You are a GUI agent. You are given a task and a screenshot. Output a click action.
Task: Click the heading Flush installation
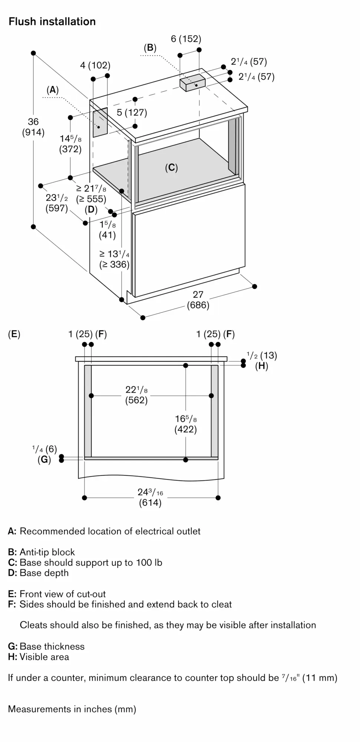pos(52,22)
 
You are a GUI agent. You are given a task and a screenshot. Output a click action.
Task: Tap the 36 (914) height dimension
pos(33,127)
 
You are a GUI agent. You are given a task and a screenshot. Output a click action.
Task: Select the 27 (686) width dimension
pos(198,300)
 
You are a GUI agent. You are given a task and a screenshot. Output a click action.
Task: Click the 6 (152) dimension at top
pos(186,39)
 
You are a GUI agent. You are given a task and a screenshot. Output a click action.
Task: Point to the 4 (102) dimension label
pos(95,65)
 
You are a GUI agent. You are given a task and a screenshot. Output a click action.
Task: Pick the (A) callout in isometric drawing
pos(53,89)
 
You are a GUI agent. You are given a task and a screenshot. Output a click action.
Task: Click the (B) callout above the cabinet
pos(150,47)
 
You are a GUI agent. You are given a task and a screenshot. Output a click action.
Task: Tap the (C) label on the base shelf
pos(171,168)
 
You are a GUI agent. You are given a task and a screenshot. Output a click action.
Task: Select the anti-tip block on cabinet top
pos(192,82)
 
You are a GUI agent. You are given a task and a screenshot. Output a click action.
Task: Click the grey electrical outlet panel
pos(100,122)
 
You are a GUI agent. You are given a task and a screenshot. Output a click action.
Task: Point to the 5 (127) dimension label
pos(132,112)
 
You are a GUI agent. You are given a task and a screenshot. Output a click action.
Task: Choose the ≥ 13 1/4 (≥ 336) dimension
pos(114,259)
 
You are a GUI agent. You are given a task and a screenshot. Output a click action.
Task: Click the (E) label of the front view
pos(14,334)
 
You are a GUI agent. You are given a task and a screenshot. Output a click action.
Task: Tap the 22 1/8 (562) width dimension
pos(136,395)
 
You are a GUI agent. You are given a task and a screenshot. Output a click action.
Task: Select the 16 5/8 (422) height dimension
pos(186,424)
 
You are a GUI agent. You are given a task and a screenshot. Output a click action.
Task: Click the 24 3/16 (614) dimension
pos(150,498)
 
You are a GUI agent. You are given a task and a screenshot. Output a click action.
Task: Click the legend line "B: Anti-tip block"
pos(42,552)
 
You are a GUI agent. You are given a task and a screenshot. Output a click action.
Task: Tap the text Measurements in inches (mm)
pos(72,709)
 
